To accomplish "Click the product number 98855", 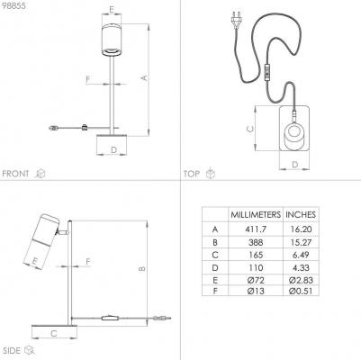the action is [14, 5].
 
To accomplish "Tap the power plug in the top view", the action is [237, 19].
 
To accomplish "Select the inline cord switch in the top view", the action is [267, 72].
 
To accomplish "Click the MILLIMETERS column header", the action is [256, 214].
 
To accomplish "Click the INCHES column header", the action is [301, 214].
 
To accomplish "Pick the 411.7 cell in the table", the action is [256, 229].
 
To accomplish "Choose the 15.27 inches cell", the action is [301, 242].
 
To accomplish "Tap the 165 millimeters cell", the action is [256, 255].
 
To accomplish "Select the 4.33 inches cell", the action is [301, 267].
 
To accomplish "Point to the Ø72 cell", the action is [256, 280].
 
